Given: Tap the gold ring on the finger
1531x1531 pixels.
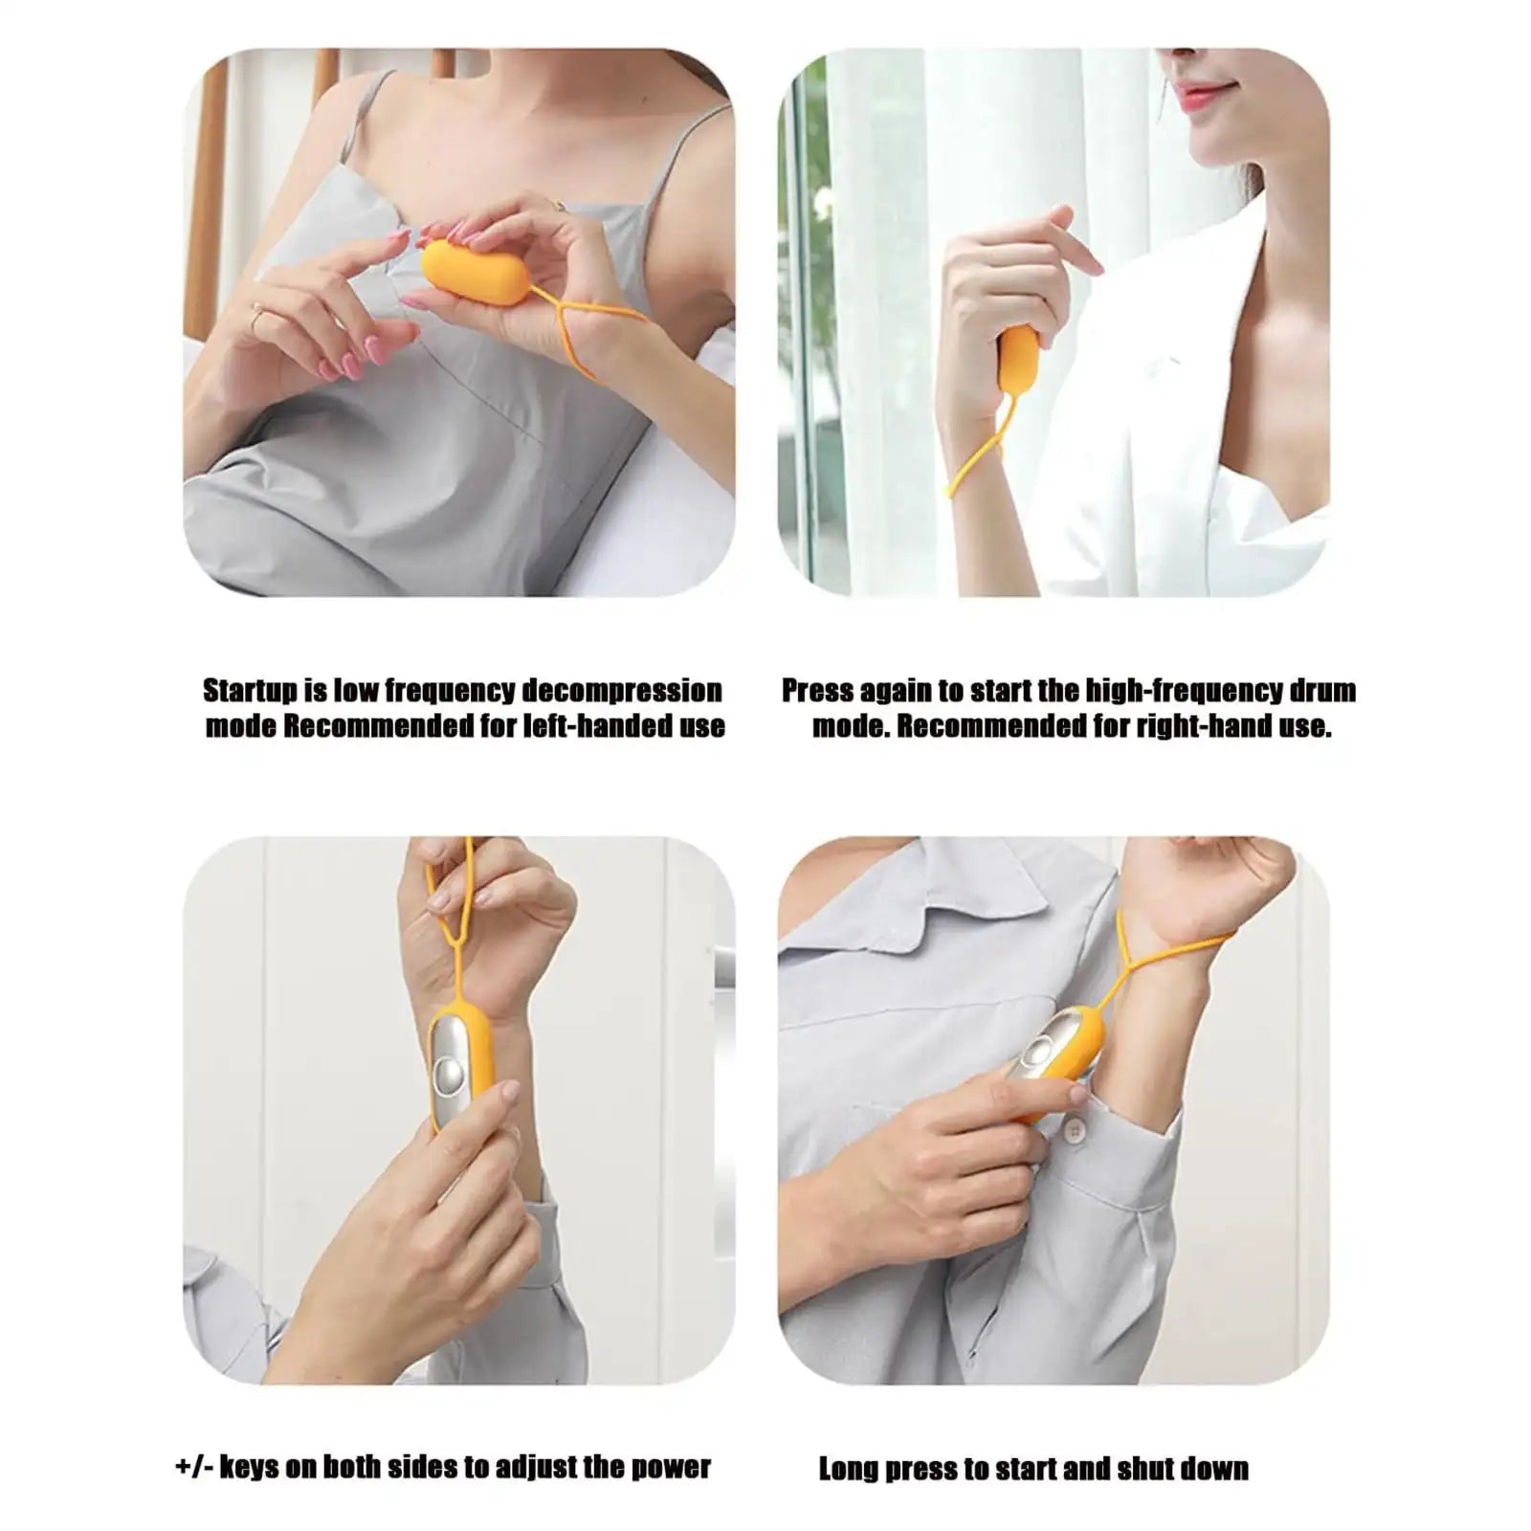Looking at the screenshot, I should [256, 313].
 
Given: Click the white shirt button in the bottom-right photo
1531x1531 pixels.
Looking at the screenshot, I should [1076, 1132].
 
